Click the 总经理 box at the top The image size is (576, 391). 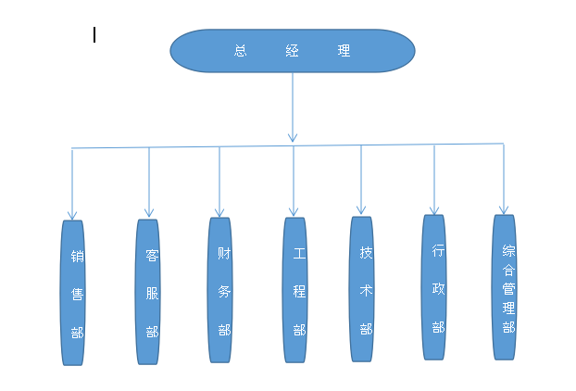click(292, 50)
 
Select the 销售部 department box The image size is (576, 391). click(72, 292)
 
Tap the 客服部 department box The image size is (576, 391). click(148, 291)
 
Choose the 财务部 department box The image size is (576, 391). click(219, 289)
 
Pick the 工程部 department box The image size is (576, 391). click(294, 289)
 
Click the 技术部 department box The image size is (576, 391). click(362, 288)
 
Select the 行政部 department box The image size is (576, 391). click(434, 286)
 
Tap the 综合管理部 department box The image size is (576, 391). click(505, 287)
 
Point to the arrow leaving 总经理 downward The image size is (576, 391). click(293, 107)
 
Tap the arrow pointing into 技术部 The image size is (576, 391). click(362, 181)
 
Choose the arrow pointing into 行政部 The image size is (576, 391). click(434, 179)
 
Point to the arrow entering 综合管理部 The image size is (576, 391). click(504, 179)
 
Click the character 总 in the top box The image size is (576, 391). click(241, 51)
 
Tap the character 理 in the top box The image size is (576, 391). click(344, 51)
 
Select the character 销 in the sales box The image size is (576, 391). click(77, 256)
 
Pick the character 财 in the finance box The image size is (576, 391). click(223, 252)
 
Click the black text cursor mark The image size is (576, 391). click(94, 35)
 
